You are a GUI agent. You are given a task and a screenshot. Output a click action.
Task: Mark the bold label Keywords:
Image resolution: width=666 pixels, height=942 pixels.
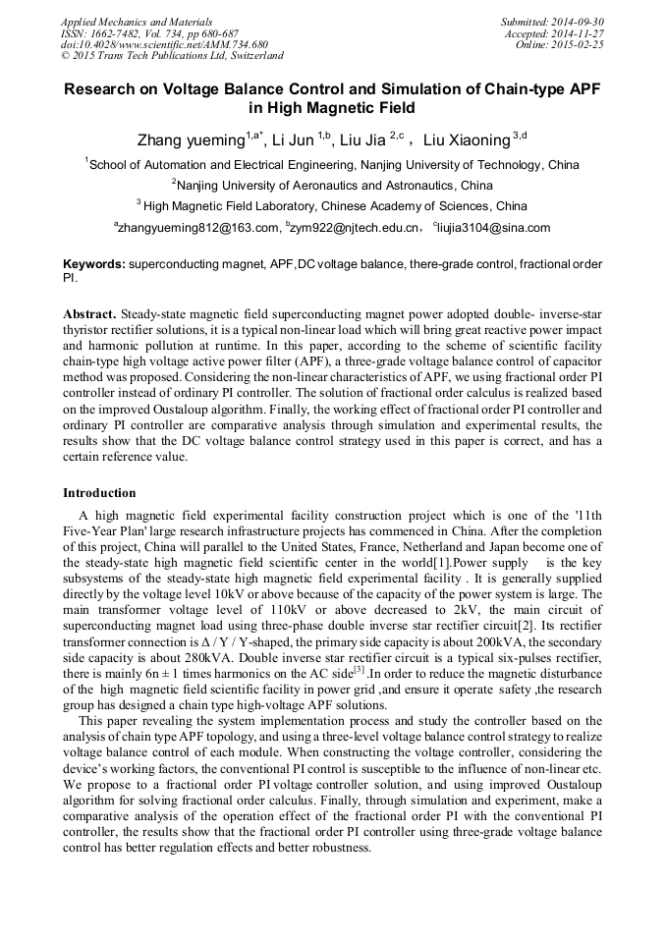94,264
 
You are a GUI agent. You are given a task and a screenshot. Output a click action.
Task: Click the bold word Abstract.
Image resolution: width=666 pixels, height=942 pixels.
89,313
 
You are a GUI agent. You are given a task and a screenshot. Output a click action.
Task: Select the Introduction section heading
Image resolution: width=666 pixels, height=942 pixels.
99,492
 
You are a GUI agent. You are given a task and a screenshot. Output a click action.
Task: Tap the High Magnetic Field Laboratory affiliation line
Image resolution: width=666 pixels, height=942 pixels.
333,206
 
